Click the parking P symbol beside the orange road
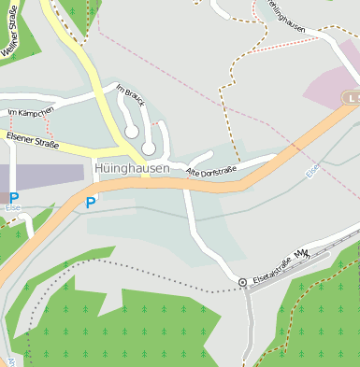point(91,202)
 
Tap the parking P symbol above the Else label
point(13,197)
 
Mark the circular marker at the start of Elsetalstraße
point(243,282)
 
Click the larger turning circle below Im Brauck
point(148,148)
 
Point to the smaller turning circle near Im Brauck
point(132,133)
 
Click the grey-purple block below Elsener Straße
point(41,176)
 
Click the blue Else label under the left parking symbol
point(13,209)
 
